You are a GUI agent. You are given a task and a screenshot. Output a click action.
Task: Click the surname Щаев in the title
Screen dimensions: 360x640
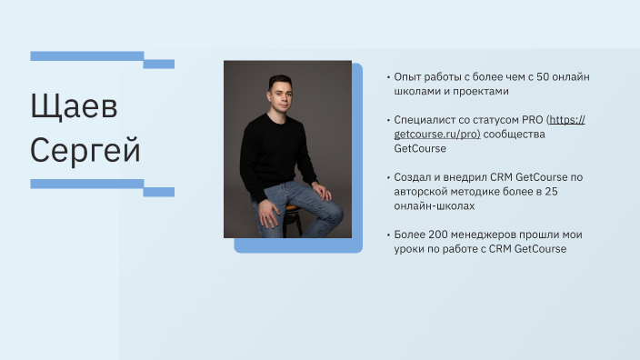(75, 108)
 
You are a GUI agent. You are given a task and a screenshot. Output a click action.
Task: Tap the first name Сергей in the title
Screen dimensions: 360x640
(85, 148)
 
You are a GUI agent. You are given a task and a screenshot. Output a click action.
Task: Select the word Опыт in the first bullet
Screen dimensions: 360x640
(408, 77)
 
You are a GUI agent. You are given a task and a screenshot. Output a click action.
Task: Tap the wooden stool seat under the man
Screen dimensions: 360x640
(291, 209)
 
